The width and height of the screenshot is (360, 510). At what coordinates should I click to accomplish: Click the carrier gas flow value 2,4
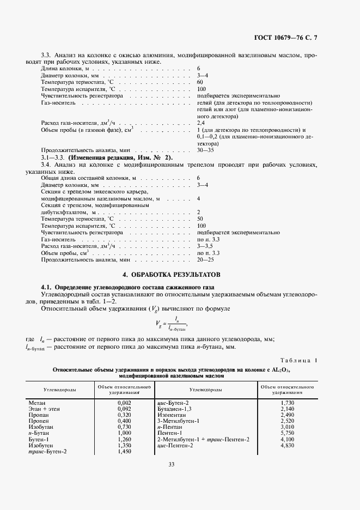coord(201,124)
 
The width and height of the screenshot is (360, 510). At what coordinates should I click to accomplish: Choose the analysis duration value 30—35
coord(205,150)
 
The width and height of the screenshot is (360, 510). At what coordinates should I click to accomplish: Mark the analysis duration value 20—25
coord(205,260)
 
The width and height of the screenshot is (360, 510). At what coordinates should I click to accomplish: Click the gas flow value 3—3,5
coord(205,246)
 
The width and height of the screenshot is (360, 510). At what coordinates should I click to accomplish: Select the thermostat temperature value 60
coord(200,82)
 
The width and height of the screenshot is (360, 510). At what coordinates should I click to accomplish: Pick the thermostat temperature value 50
coord(200,218)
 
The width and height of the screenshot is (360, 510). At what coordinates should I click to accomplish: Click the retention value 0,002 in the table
coord(124,402)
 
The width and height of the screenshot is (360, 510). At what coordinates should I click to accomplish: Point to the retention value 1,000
coord(124,433)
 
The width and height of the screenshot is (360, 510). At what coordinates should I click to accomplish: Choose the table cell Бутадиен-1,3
coord(174,408)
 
